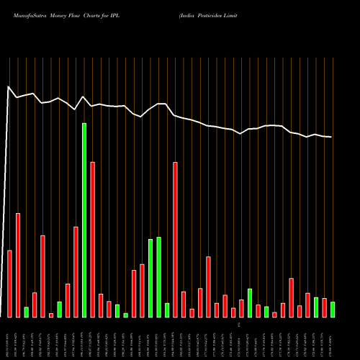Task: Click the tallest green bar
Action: (x=84, y=220)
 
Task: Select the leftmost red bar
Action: (x=10, y=283)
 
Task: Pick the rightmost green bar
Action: (x=333, y=309)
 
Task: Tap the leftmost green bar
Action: (x=27, y=312)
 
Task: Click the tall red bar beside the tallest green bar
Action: (x=93, y=239)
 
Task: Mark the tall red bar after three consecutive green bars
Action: (x=176, y=239)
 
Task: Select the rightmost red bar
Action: (x=325, y=307)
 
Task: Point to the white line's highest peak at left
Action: (x=9, y=87)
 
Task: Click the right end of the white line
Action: (x=331, y=137)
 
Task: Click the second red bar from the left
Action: (x=18, y=265)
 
